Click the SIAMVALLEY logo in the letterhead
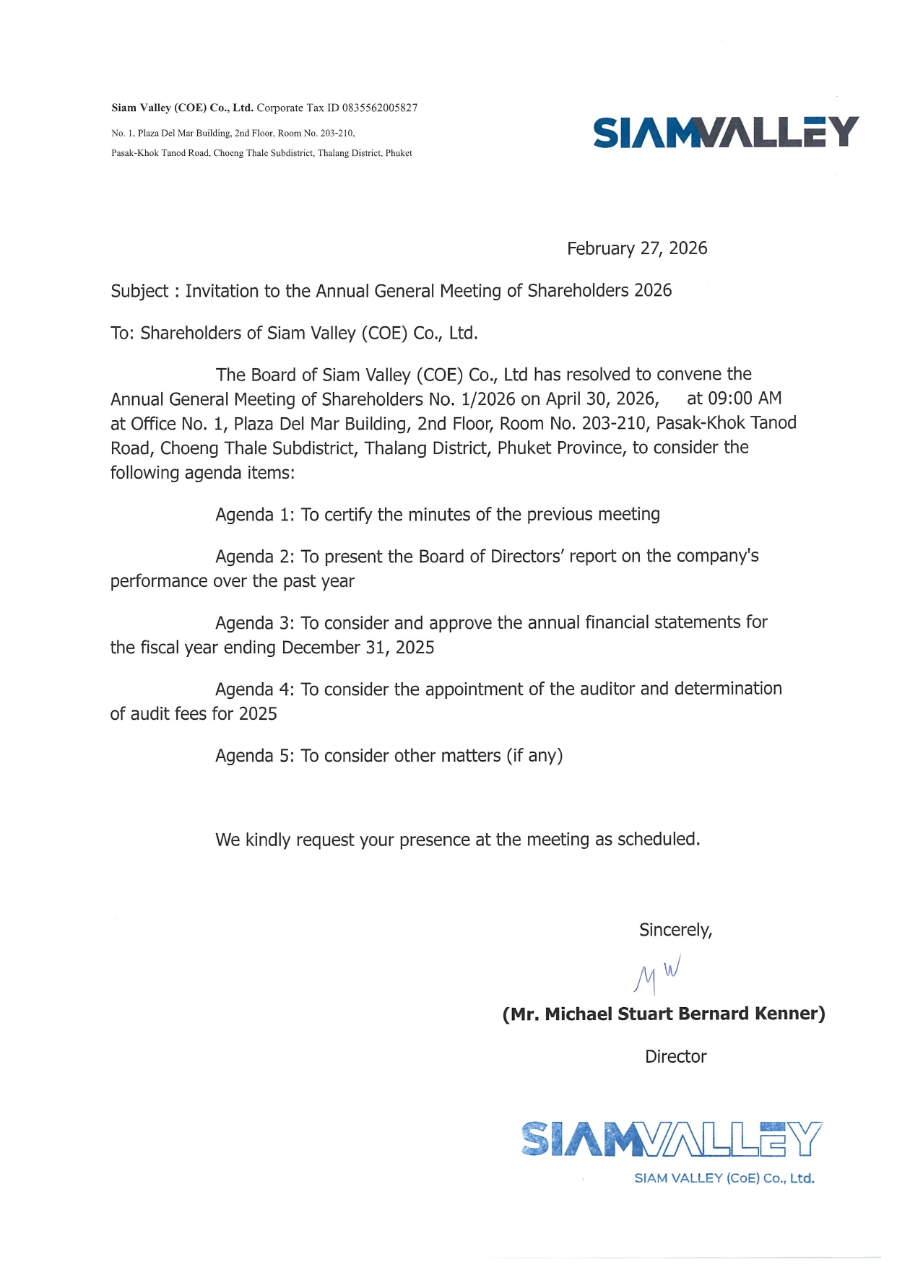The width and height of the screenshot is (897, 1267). [725, 133]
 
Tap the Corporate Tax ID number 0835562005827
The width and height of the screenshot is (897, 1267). [380, 108]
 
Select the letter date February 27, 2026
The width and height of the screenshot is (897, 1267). [636, 249]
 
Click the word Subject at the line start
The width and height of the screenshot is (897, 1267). [139, 292]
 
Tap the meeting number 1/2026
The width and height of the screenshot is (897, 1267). [487, 399]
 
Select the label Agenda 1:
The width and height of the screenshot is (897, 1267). [254, 515]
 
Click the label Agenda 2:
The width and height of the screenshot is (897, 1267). [254, 557]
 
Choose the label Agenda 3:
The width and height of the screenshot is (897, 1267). [254, 623]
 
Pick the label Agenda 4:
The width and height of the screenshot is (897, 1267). [254, 689]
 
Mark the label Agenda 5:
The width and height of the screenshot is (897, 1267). [254, 756]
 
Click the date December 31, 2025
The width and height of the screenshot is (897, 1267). [357, 648]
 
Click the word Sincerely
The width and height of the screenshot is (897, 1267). [675, 931]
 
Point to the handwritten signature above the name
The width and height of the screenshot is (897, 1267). [656, 976]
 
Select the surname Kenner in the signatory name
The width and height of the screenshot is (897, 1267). [789, 1014]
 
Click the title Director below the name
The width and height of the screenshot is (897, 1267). [675, 1057]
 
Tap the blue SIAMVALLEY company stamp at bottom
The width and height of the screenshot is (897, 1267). [671, 1148]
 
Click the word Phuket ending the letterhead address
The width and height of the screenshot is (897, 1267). [399, 154]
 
